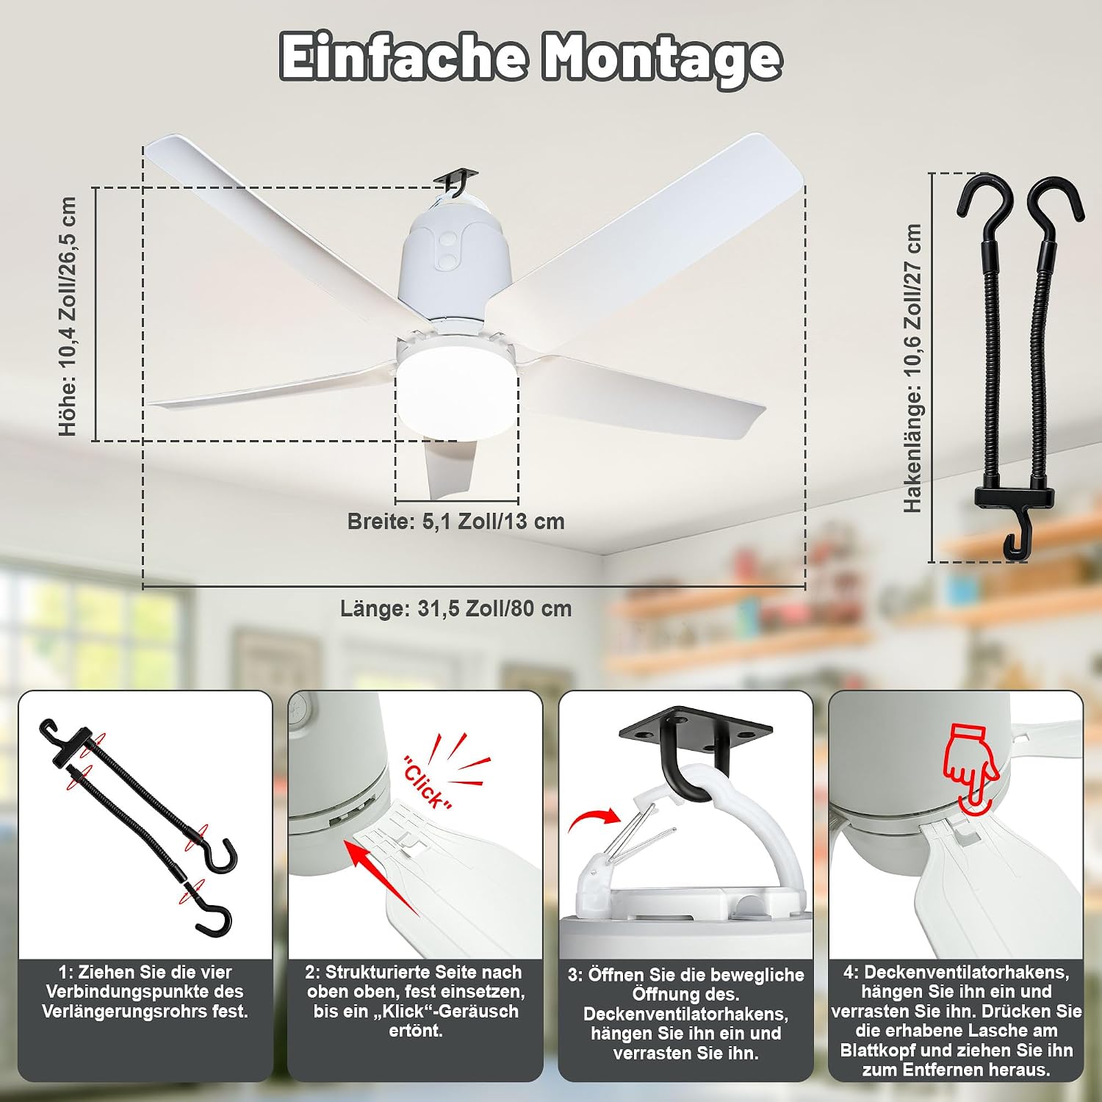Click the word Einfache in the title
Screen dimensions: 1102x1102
403,57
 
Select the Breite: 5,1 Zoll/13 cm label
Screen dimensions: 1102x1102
456,522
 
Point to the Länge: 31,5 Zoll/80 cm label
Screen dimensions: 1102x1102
455,609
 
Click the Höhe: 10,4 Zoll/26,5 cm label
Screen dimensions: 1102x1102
68,316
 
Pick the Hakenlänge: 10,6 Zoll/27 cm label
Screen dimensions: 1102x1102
912,368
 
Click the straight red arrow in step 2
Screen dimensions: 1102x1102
382,879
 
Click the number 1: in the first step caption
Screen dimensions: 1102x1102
66,973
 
